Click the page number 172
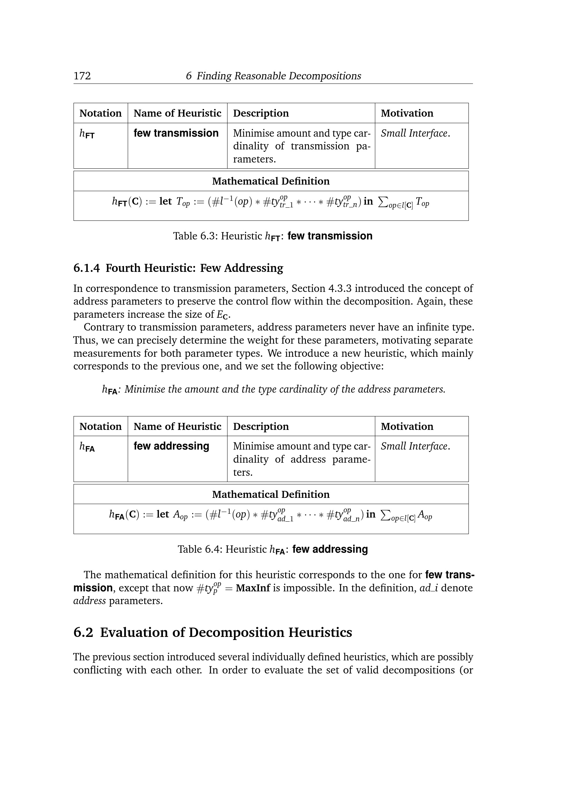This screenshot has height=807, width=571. tap(82, 76)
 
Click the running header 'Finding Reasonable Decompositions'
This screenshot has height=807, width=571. tap(279, 76)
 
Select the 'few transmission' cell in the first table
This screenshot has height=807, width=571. tap(176, 133)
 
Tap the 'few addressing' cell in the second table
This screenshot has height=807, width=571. tap(171, 446)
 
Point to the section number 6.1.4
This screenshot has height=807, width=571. tap(87, 268)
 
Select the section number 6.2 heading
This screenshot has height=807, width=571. tap(83, 632)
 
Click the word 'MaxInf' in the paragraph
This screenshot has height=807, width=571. tap(253, 588)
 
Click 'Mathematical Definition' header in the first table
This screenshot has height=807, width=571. tap(271, 181)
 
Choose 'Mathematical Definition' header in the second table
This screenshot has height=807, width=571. tap(271, 494)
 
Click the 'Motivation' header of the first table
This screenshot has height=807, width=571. tap(407, 113)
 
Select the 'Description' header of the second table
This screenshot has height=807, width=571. tap(261, 426)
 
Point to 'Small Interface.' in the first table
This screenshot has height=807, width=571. tap(415, 133)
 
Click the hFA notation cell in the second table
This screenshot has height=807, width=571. tap(87, 447)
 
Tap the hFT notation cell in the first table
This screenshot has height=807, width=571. tap(87, 134)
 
